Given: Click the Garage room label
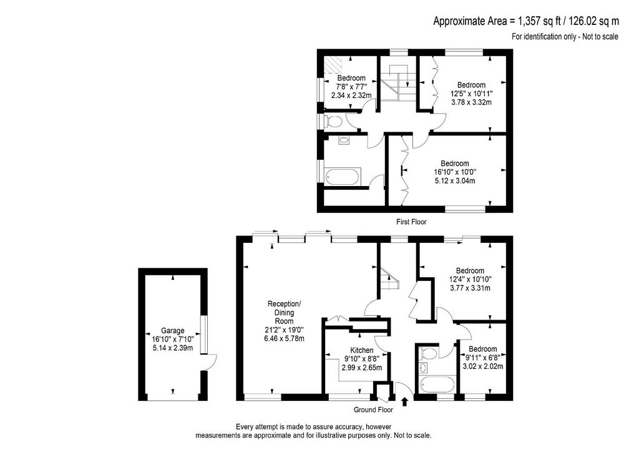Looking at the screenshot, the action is pyautogui.click(x=173, y=330).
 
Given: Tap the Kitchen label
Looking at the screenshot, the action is pyautogui.click(x=362, y=350).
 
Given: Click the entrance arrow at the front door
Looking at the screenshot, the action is pyautogui.click(x=404, y=402).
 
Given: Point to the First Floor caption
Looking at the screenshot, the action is pyautogui.click(x=411, y=222).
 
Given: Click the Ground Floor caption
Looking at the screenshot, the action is pyautogui.click(x=373, y=410).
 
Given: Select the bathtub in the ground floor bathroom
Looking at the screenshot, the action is pyautogui.click(x=436, y=385).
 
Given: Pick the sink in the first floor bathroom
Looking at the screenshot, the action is pyautogui.click(x=344, y=140).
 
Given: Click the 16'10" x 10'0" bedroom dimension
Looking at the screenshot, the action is pyautogui.click(x=455, y=172).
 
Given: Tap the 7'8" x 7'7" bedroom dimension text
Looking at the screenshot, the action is pyautogui.click(x=351, y=87).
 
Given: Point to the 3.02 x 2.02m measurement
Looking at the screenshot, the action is pyautogui.click(x=482, y=366).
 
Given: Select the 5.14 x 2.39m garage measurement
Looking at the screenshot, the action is pyautogui.click(x=173, y=348).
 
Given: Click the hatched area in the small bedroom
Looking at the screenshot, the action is pyautogui.click(x=334, y=64).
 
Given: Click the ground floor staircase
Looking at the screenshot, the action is pyautogui.click(x=389, y=278).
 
